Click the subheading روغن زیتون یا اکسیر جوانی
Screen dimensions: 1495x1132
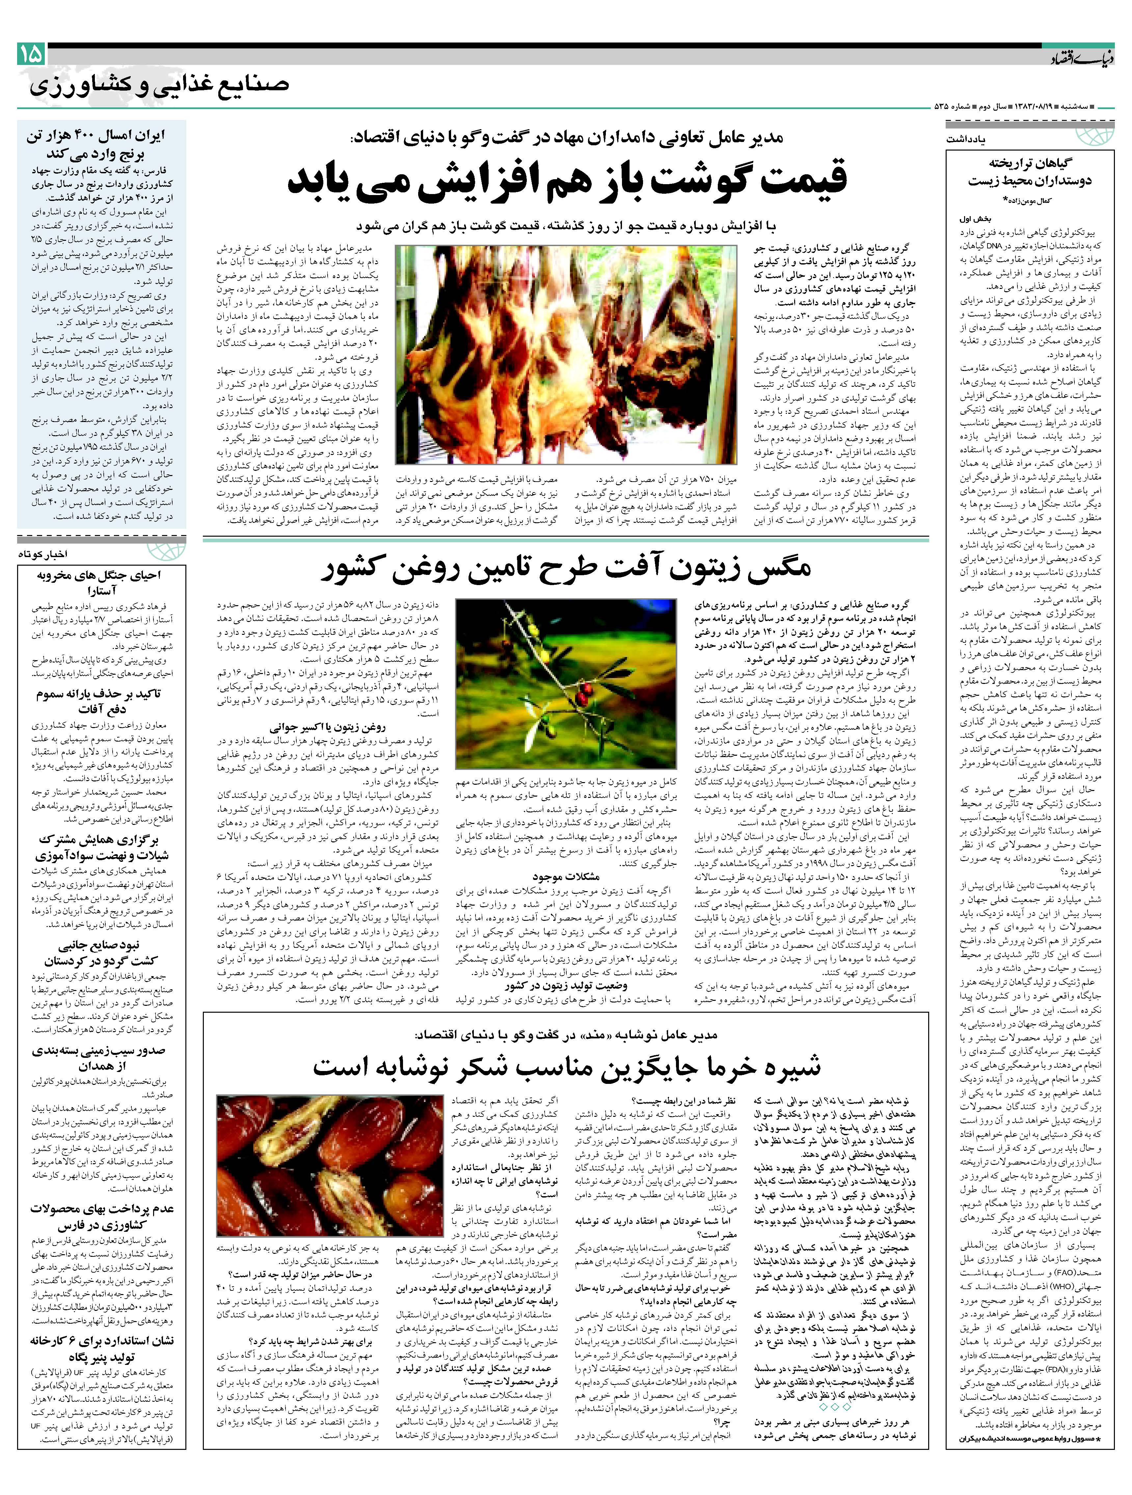[328, 728]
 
